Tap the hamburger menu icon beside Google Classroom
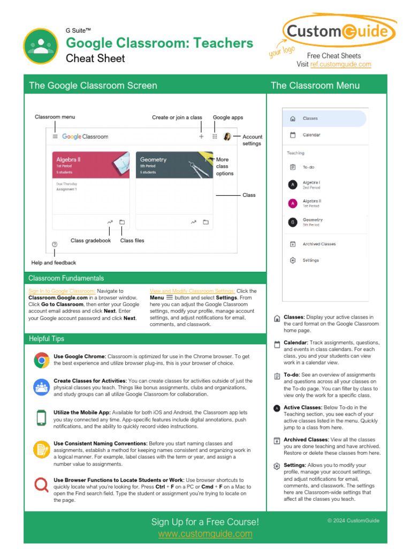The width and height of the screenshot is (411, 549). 55,137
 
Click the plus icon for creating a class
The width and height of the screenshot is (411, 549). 202,137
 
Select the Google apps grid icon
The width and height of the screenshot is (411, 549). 215,137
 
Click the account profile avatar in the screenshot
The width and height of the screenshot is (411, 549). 227,137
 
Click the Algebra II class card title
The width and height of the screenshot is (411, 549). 68,160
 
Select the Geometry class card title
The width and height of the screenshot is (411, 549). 153,160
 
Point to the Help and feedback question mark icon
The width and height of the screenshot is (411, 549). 55,244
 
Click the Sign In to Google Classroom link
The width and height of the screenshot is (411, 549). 62,291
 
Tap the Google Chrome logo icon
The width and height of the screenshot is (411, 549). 41,360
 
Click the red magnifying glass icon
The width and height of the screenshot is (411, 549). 41,485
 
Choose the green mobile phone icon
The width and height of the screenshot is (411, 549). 41,417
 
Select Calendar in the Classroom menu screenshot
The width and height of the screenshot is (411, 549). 311,135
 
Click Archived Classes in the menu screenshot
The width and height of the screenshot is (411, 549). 319,244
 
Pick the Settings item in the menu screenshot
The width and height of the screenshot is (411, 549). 310,261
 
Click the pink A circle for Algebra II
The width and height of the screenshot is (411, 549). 293,203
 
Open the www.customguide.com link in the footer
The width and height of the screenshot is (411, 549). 205,534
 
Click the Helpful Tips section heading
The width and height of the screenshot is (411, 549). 47,339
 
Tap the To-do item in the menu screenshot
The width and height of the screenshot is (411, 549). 308,167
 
